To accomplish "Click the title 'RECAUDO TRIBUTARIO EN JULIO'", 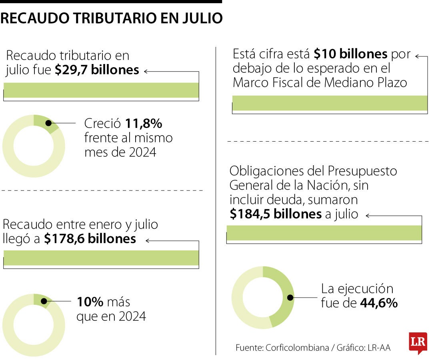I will (x=111, y=18).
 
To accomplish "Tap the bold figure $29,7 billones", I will (x=97, y=70).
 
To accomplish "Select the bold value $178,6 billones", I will (x=90, y=239).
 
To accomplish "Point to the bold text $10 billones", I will (x=350, y=54).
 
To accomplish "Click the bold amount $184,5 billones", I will (x=276, y=214).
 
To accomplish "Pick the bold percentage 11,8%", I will (x=144, y=124).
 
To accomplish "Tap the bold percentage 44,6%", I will (x=379, y=303).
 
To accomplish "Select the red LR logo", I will (x=418, y=343).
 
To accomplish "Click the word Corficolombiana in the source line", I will (x=297, y=348).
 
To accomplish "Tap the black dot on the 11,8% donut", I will (x=48, y=123).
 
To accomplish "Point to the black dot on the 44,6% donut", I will (x=290, y=298).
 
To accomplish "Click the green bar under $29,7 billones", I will (x=101, y=90).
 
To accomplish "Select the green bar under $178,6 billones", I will (x=101, y=258).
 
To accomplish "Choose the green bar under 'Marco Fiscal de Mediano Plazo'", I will (x=330, y=103).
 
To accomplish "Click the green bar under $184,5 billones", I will (x=324, y=233).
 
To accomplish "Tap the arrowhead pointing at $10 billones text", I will (x=417, y=56).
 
